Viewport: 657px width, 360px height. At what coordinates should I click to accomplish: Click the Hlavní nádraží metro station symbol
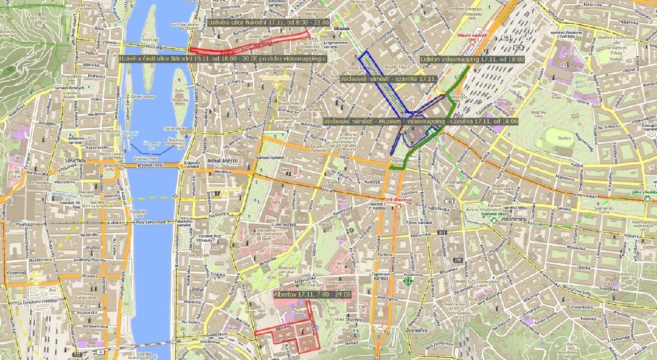pyautogui.click(x=479, y=42)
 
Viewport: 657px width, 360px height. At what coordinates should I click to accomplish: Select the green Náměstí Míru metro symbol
pyautogui.click(x=494, y=221)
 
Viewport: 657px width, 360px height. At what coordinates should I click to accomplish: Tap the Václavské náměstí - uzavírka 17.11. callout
pyautogui.click(x=388, y=78)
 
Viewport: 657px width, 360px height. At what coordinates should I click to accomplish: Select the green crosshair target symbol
pyautogui.click(x=407, y=281)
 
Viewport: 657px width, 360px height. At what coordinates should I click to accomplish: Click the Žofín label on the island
pyautogui.click(x=178, y=91)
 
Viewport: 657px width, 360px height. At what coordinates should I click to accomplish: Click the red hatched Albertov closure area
pyautogui.click(x=304, y=333)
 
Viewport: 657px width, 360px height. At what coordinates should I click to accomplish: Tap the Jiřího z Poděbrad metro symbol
pyautogui.click(x=647, y=198)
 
